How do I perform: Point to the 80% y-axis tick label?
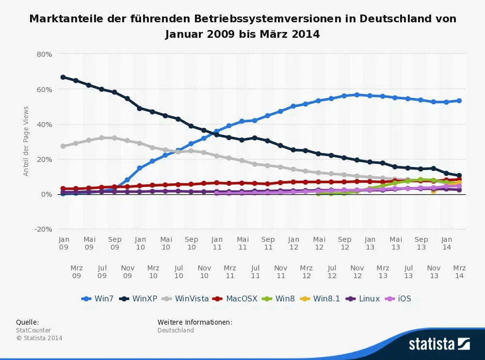coord(44,54)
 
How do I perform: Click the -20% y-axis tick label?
coord(43,229)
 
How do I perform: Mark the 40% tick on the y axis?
coord(44,125)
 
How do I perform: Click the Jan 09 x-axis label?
coord(64,243)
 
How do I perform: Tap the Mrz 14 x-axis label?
coord(459,272)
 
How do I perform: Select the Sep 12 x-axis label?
coord(344,243)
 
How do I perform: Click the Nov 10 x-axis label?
coord(204,272)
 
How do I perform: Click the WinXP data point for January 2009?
coord(63,77)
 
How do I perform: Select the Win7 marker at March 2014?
coord(459,101)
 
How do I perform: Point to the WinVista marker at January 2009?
coord(63,146)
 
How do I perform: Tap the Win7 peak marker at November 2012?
coord(357,95)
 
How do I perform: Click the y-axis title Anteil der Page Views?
coord(26,141)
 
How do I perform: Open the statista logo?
coord(439,344)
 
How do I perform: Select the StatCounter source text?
coord(33,330)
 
